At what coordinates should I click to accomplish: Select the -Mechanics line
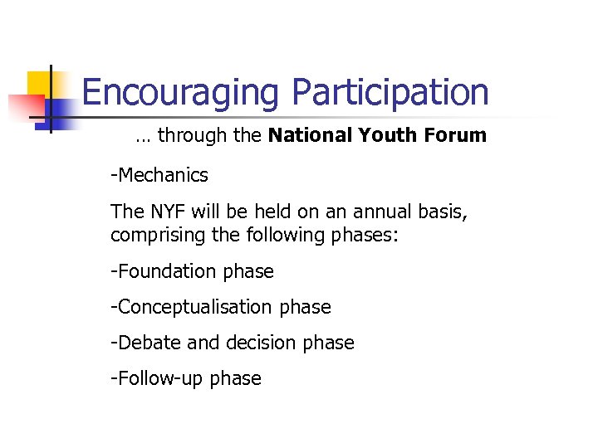159,176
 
